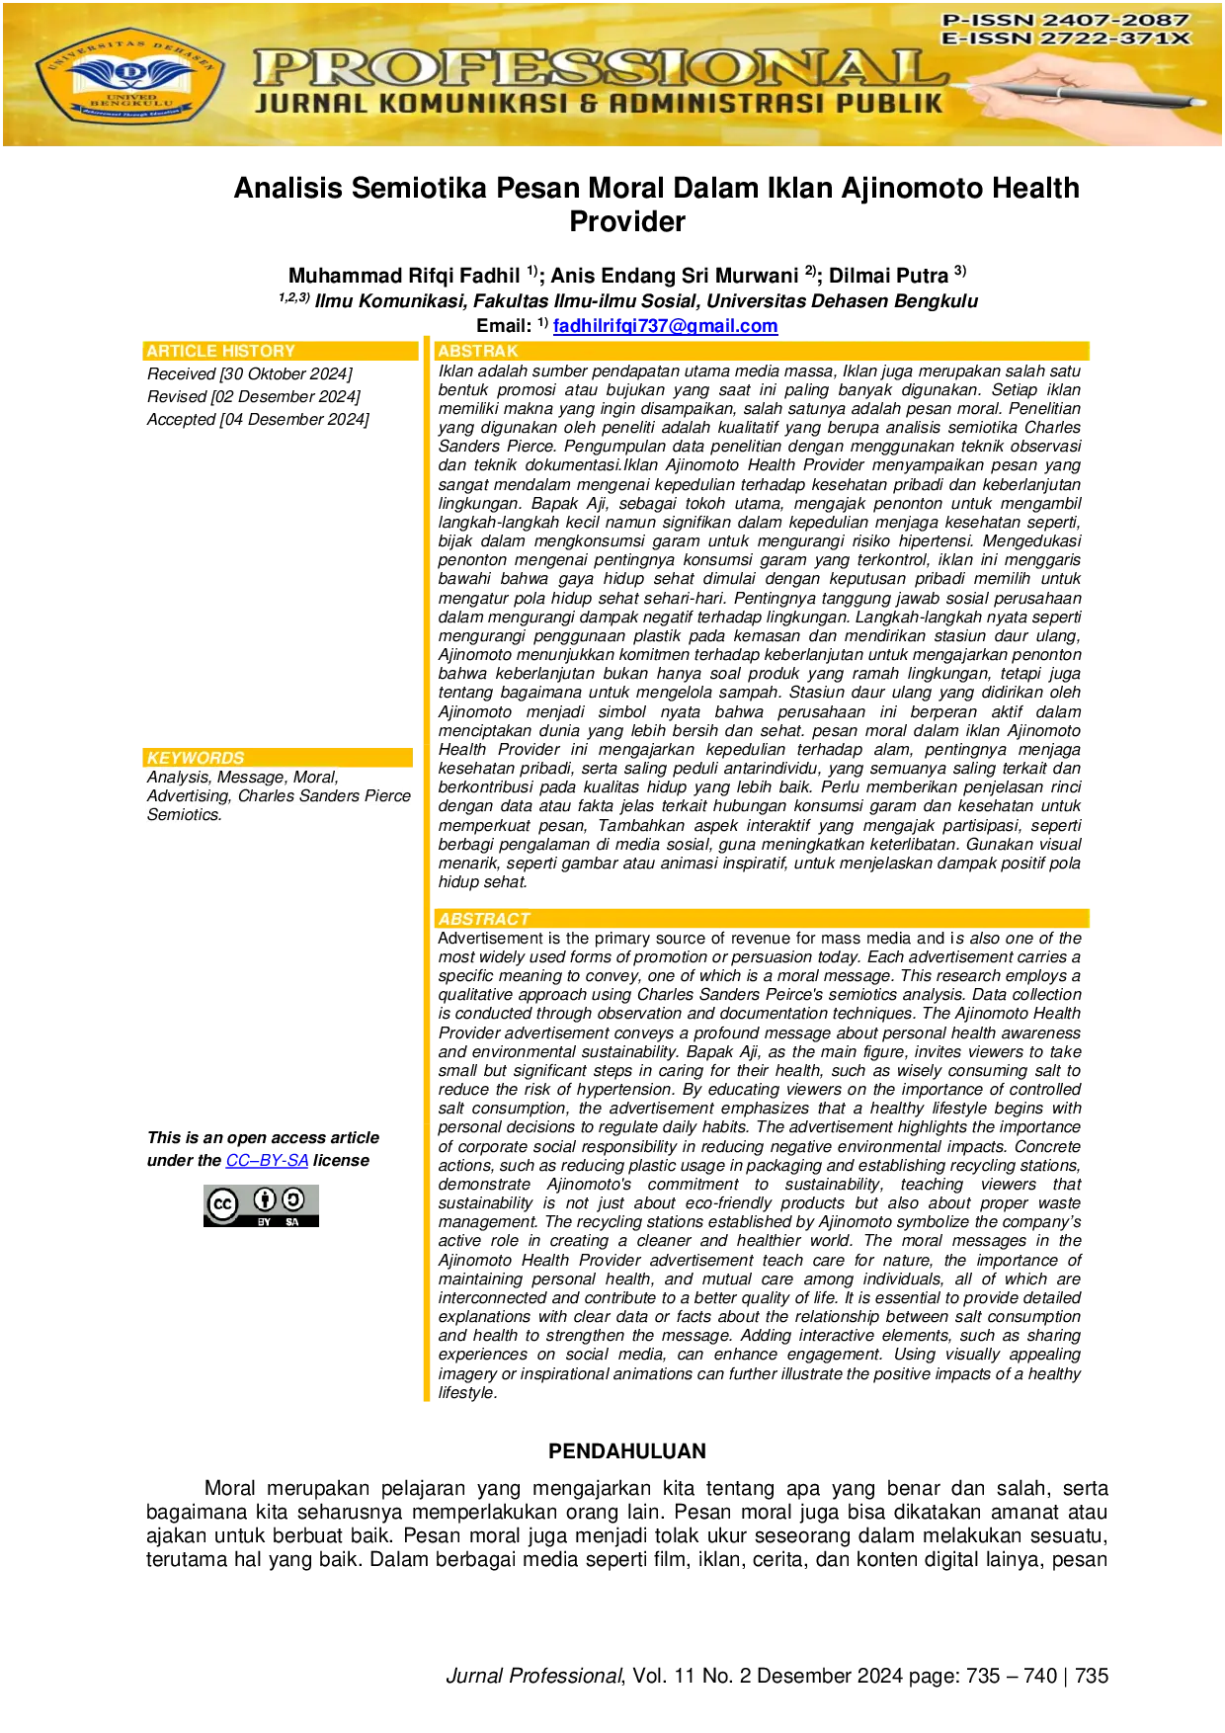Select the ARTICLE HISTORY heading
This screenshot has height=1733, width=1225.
click(x=220, y=352)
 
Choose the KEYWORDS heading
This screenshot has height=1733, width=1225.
click(x=196, y=758)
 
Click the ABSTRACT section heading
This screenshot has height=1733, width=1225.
click(x=484, y=919)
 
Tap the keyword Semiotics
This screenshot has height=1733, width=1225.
click(x=184, y=815)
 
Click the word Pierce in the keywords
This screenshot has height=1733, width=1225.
click(x=387, y=796)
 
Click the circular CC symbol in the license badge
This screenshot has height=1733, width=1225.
click(x=223, y=1203)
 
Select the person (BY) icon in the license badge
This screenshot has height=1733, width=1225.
click(x=264, y=1199)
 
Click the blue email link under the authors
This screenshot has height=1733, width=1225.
click(x=667, y=326)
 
